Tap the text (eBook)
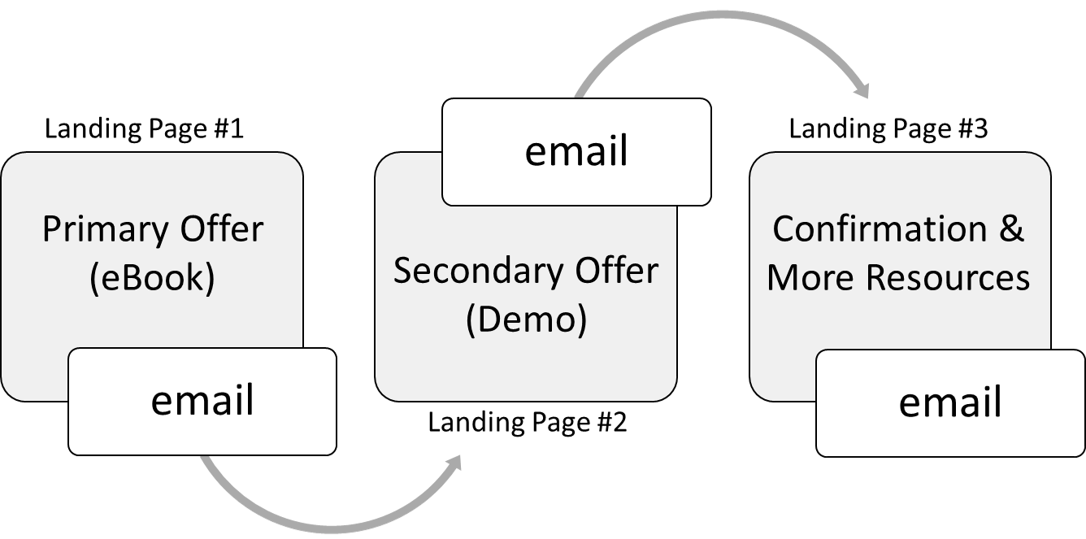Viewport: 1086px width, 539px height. click(x=152, y=278)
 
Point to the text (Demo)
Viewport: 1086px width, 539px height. click(x=526, y=319)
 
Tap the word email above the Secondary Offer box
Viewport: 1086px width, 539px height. click(x=576, y=151)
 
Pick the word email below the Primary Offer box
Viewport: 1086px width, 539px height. click(x=202, y=401)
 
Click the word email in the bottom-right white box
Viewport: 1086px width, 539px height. click(x=949, y=402)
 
